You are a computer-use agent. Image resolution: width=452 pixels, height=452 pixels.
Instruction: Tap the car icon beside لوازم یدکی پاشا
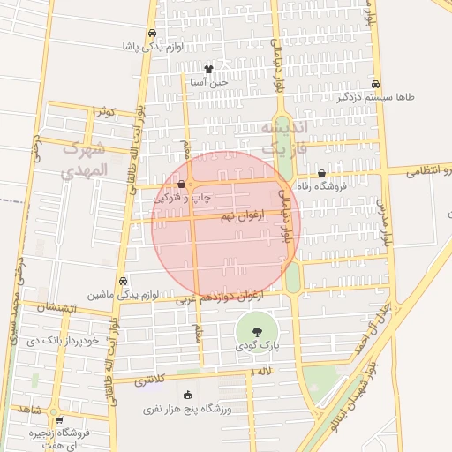[x=154, y=47]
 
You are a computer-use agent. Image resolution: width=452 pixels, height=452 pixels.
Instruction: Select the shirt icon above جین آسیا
[x=208, y=69]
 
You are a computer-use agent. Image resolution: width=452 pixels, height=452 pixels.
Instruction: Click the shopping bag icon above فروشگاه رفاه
[x=320, y=174]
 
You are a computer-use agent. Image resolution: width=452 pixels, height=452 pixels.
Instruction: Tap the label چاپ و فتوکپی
[x=184, y=198]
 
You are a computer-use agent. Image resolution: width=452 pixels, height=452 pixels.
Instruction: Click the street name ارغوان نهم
[x=237, y=216]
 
